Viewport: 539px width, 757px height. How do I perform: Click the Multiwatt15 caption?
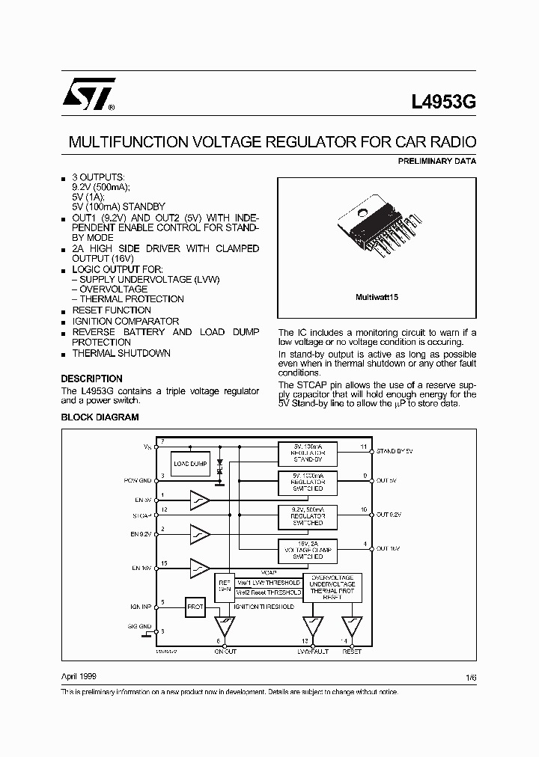click(x=377, y=297)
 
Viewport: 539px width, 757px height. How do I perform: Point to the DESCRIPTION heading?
click(x=91, y=378)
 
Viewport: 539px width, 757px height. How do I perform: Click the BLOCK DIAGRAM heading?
click(x=100, y=417)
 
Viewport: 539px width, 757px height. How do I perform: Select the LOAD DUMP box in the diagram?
click(x=190, y=464)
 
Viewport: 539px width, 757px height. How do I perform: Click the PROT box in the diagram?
click(x=195, y=607)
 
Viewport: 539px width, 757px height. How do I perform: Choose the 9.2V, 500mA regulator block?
click(x=308, y=515)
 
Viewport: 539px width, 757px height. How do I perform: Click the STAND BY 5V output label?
click(x=395, y=452)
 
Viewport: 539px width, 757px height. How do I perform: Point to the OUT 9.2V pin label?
click(x=389, y=515)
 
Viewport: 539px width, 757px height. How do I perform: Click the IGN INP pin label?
click(x=138, y=607)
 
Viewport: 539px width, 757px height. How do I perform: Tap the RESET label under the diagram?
click(x=351, y=652)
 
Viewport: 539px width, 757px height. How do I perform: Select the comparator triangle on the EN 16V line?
click(x=199, y=569)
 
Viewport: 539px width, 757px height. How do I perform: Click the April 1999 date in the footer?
click(x=79, y=675)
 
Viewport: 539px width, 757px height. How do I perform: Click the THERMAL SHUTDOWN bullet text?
click(x=121, y=353)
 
